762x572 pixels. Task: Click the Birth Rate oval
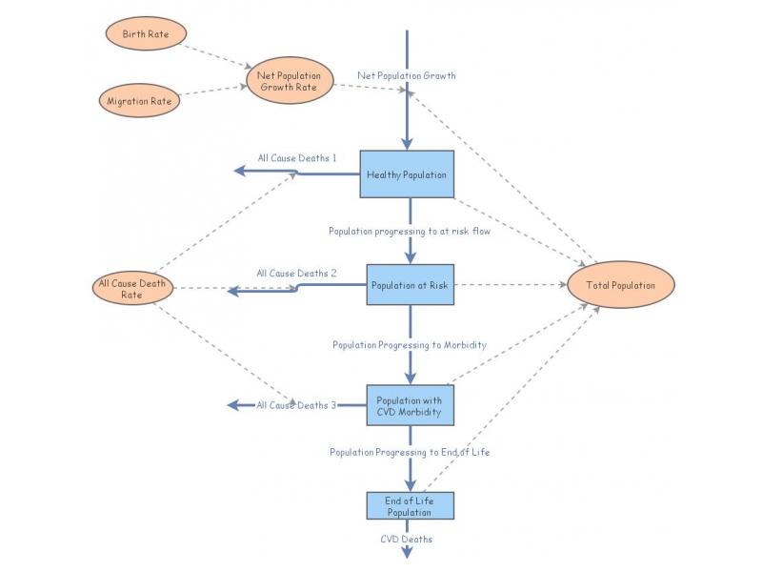[140, 34]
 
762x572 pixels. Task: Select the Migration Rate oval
[140, 100]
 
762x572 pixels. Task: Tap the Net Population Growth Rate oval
[290, 80]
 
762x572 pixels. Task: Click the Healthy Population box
[407, 174]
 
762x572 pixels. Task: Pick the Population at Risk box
[411, 284]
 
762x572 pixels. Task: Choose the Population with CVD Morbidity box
[411, 405]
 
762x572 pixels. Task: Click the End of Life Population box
[409, 506]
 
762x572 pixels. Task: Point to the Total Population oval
[620, 285]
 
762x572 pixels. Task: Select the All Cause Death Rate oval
[131, 289]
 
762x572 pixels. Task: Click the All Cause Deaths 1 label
[297, 158]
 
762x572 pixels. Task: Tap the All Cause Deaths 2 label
[296, 274]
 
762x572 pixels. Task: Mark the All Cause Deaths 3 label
[296, 405]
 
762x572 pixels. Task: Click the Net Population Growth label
[407, 74]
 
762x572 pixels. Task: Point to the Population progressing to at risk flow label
[410, 232]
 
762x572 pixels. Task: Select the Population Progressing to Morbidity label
[410, 345]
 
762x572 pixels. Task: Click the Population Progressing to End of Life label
[410, 452]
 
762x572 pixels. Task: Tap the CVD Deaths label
[407, 539]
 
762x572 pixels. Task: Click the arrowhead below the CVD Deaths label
[408, 552]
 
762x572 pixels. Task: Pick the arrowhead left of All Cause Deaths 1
[241, 171]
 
